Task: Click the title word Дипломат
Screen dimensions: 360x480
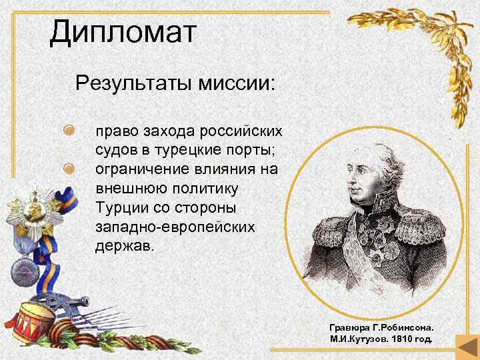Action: tap(123, 33)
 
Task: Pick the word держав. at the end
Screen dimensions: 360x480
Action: tap(123, 245)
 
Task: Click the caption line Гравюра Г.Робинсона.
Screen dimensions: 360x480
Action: tap(381, 328)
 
